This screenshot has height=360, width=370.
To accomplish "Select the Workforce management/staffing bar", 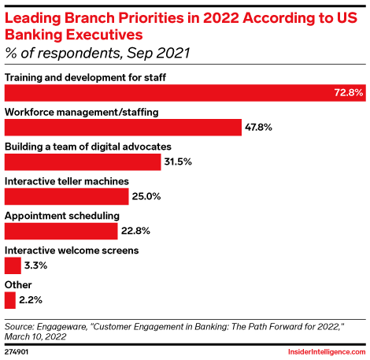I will click(123, 127).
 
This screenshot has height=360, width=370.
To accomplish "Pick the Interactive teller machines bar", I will click(66, 196).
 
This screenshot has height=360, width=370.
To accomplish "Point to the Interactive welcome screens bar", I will click(13, 265).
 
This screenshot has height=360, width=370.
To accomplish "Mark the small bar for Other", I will click(9, 300).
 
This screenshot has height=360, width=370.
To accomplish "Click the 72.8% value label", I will click(348, 93).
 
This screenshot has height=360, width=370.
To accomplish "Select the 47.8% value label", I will click(261, 128).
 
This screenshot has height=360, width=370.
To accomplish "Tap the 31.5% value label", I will click(178, 162).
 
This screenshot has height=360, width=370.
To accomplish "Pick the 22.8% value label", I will click(135, 232).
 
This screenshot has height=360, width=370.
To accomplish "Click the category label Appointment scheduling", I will click(62, 215).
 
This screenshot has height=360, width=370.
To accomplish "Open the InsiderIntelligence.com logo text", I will click(322, 351).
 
